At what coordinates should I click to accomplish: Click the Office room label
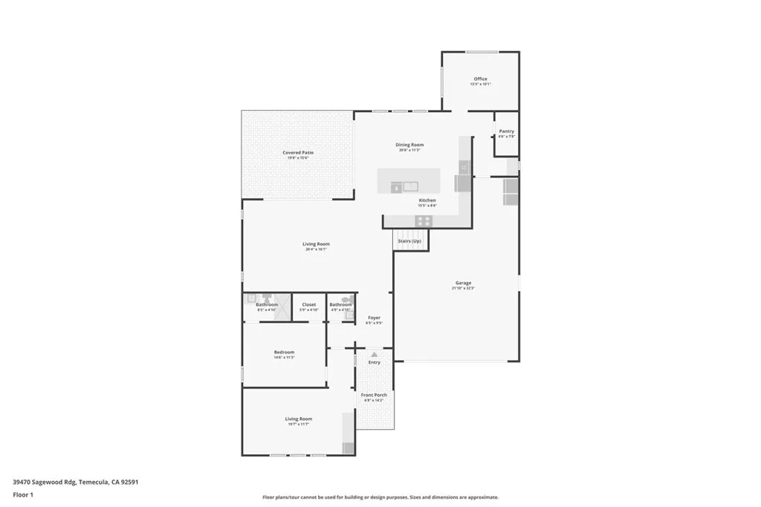[481, 79]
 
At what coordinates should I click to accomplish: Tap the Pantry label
[506, 131]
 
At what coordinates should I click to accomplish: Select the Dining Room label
[409, 145]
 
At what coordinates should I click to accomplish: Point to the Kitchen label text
[427, 200]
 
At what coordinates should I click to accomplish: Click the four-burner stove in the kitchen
[424, 220]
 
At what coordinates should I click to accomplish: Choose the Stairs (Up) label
[409, 241]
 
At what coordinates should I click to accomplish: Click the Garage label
[463, 282]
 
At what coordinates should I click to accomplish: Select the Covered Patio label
[297, 152]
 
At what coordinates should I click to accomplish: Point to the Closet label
[308, 304]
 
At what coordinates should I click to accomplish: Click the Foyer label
[374, 318]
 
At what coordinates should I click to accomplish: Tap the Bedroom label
[284, 352]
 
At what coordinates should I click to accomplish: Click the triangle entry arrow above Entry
[374, 355]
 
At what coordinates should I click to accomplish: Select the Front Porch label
[375, 395]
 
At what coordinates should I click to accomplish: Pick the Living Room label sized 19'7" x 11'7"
[299, 419]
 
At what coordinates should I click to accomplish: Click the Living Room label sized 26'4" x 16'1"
[316, 243]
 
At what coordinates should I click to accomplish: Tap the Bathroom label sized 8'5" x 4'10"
[267, 304]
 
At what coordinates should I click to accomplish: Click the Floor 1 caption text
[24, 494]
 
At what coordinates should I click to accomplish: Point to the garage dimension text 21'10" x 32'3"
[463, 288]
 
